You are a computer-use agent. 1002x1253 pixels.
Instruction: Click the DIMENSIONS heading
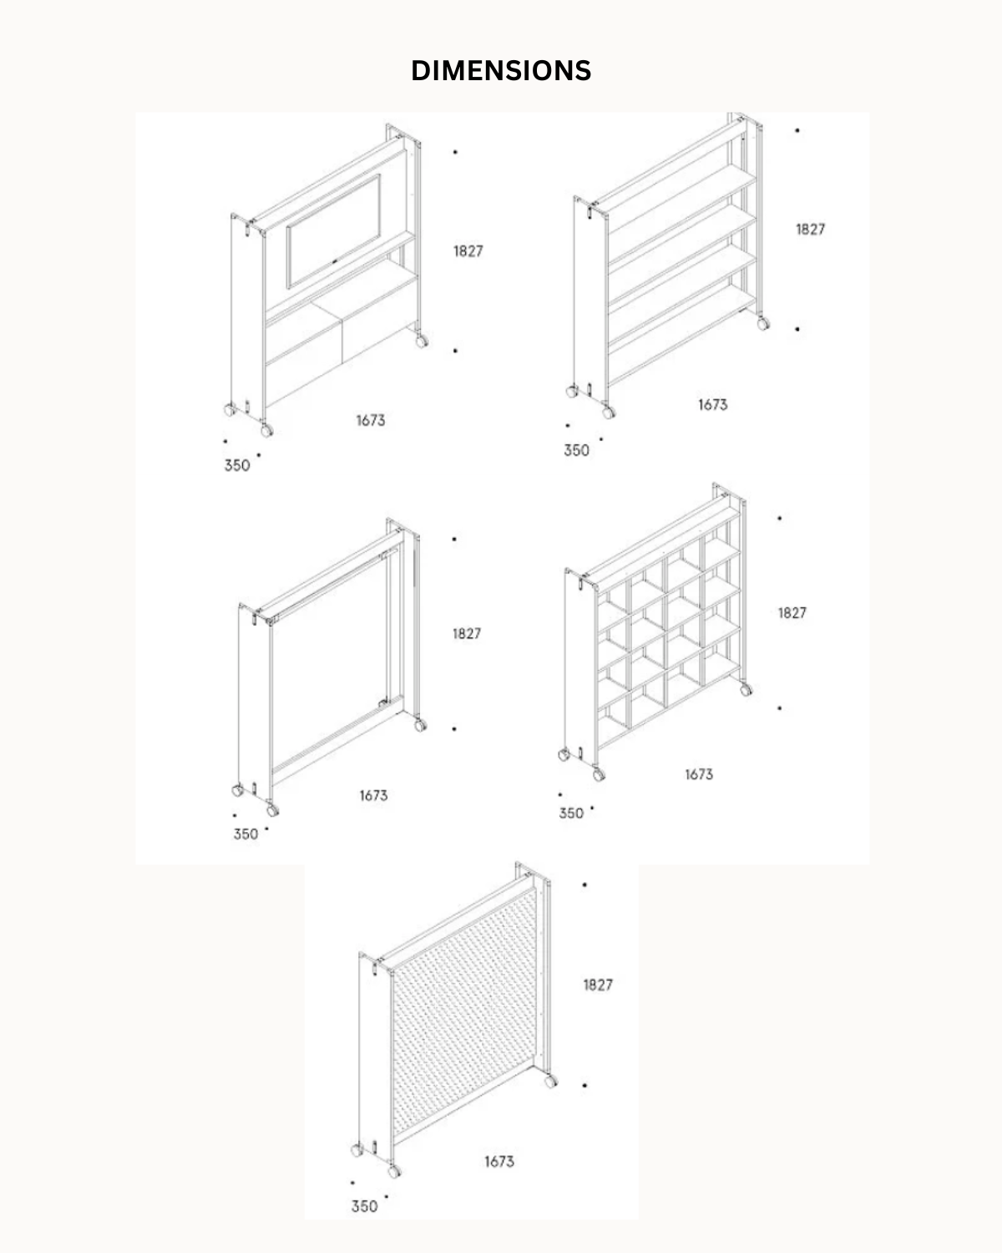[501, 70]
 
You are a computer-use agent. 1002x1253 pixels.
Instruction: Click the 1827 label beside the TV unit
[468, 251]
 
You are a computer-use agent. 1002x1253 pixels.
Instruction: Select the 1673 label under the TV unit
[371, 420]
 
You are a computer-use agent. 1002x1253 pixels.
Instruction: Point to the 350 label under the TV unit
[237, 465]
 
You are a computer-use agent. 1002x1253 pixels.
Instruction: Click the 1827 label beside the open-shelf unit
[811, 230]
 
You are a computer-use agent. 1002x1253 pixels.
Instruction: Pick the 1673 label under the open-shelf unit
[712, 404]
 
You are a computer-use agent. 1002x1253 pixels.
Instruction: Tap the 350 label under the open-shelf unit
[576, 450]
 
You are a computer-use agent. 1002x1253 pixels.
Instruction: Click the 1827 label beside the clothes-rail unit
[467, 633]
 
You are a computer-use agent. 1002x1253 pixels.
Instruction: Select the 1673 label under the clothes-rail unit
[373, 795]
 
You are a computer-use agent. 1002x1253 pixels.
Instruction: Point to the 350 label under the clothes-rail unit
[245, 834]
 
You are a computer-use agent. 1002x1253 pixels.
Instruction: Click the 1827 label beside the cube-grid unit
[792, 612]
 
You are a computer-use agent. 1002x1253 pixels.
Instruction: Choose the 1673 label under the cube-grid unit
[699, 774]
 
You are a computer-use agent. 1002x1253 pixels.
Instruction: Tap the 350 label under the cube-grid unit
[571, 813]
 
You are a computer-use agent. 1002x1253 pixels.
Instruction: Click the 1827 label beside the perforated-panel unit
[598, 985]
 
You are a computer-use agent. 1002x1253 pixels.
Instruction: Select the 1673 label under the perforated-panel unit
[499, 1162]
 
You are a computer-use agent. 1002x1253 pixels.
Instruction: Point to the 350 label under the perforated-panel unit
[364, 1206]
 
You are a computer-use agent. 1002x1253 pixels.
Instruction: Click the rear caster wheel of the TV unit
[422, 341]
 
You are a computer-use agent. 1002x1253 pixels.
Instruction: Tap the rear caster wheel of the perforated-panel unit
[550, 1081]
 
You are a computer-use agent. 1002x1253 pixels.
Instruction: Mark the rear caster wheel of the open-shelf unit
[762, 324]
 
